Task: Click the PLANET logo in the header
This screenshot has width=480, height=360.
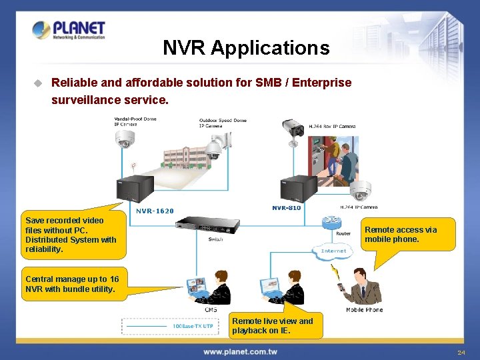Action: click(69, 31)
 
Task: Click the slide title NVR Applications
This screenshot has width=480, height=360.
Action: click(246, 48)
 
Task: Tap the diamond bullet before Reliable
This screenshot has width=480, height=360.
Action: click(38, 83)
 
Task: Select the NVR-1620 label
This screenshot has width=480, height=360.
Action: click(155, 211)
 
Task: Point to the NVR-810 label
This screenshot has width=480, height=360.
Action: click(287, 208)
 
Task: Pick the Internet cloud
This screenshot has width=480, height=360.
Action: click(333, 251)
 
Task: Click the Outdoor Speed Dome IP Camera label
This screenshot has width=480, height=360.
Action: click(223, 123)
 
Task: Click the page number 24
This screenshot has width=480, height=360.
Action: click(461, 352)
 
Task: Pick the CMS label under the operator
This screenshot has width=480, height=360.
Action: click(211, 309)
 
